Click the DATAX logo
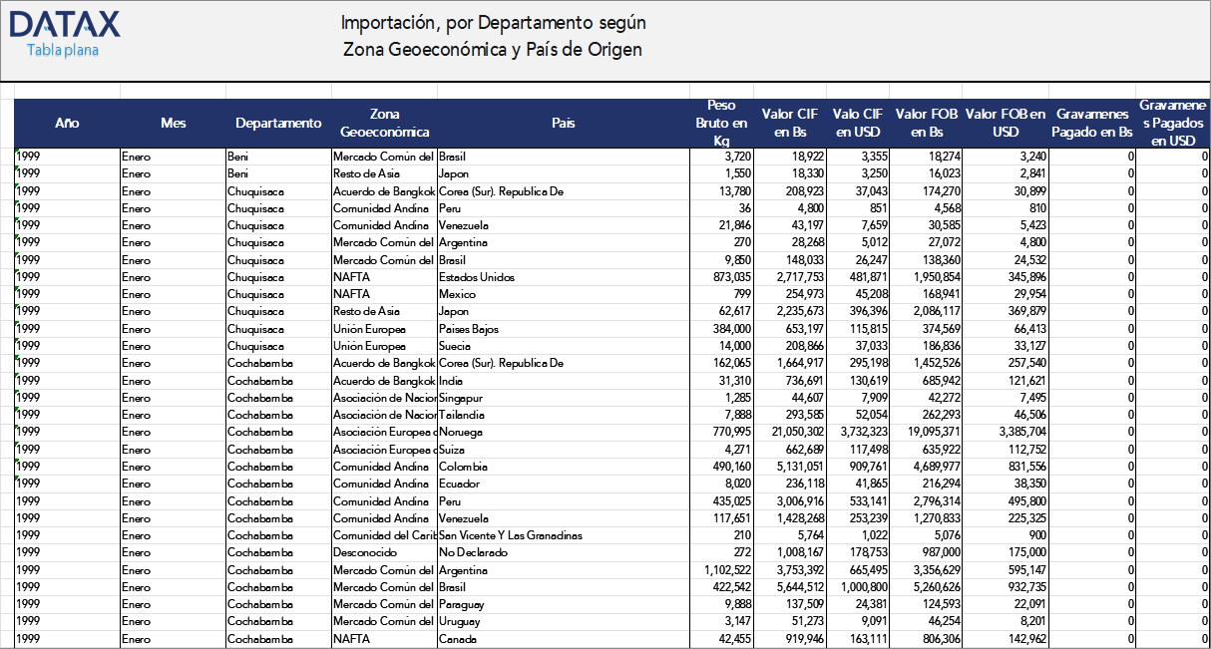64,25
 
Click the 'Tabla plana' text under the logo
62,51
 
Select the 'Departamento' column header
278,124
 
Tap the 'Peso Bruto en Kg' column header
720,124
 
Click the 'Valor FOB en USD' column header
1006,124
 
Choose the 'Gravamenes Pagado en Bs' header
1093,124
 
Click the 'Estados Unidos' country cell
471,277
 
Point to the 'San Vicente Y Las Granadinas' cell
511,535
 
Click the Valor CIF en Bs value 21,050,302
787,432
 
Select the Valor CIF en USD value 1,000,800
857,587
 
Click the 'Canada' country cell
457,639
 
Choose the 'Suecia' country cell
456,346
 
